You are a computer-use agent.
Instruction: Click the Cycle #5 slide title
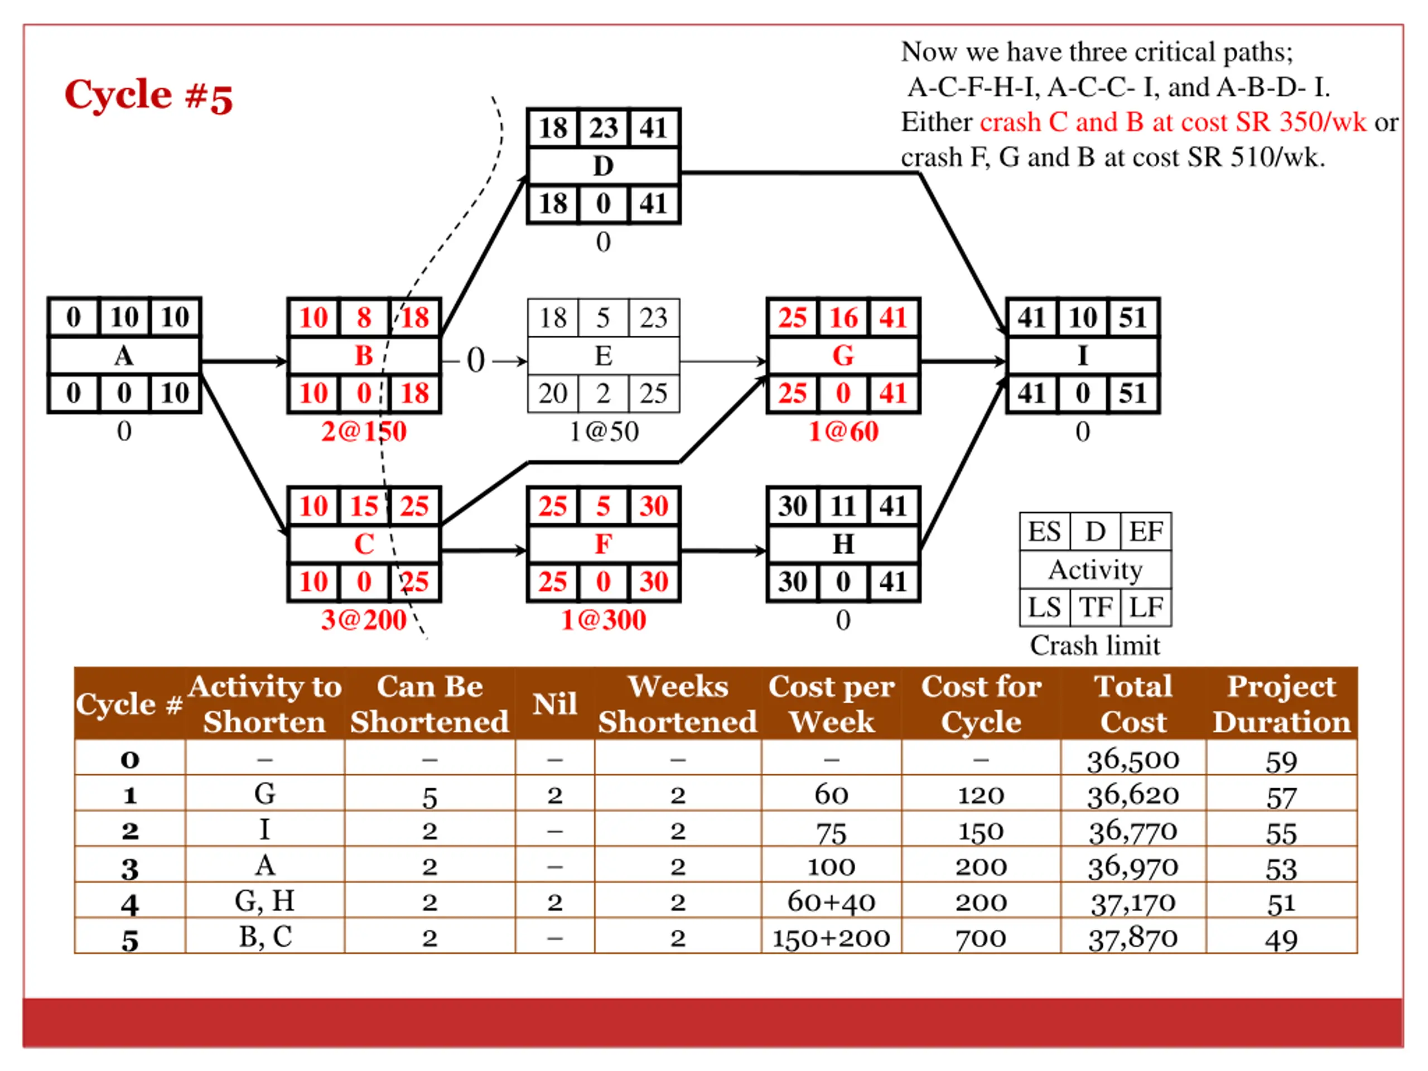tap(148, 95)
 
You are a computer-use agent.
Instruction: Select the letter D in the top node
tap(603, 166)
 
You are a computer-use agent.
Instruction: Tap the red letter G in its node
tap(843, 356)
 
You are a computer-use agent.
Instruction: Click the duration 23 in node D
tap(603, 128)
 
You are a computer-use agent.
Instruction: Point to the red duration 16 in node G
tap(843, 317)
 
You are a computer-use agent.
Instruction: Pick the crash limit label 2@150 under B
tap(364, 431)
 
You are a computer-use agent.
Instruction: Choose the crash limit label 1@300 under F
tap(603, 620)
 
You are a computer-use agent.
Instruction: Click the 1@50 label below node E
tap(603, 431)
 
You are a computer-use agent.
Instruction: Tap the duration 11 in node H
tap(843, 506)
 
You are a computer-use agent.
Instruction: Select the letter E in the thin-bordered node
tap(603, 356)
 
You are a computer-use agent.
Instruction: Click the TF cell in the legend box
tap(1096, 607)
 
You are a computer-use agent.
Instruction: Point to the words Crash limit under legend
tap(1095, 645)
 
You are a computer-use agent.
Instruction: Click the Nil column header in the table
tap(554, 703)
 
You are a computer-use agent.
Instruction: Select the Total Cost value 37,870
tap(1133, 938)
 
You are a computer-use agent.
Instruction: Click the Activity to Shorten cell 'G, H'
tap(265, 901)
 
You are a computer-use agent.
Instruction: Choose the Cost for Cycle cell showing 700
tap(981, 938)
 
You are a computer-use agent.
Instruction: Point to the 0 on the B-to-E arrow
tap(475, 360)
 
